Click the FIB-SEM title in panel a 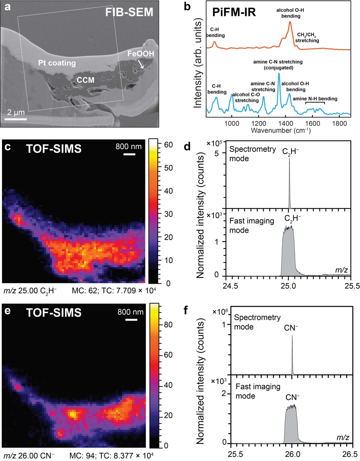(x=129, y=12)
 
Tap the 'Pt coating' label (x=57, y=63)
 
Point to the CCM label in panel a (x=85, y=80)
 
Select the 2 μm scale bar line (x=16, y=119)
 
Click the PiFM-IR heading (x=234, y=12)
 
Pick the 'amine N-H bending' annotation (x=315, y=99)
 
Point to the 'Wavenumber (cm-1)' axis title (x=281, y=130)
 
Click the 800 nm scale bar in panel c (x=129, y=154)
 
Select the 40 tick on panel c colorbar (x=168, y=191)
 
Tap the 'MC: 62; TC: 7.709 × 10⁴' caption (x=114, y=291)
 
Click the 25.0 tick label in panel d (x=288, y=286)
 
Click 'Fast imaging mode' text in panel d (x=251, y=226)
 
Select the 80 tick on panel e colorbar (x=168, y=325)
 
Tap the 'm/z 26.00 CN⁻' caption (x=29, y=456)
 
